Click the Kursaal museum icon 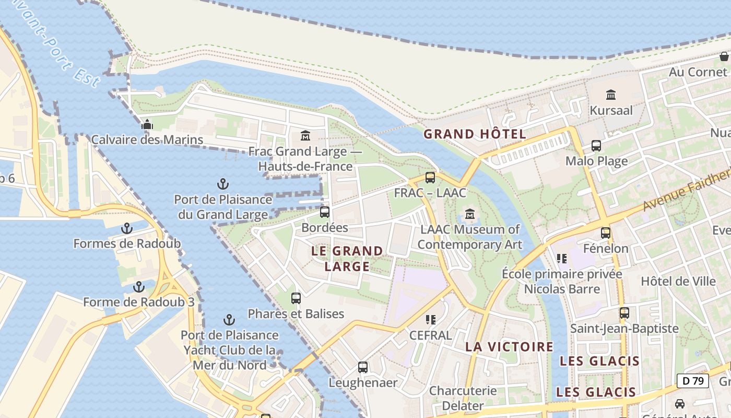[611, 95]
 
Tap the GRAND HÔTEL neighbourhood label [475, 134]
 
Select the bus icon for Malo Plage [596, 146]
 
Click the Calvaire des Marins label [147, 140]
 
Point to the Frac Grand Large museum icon [305, 136]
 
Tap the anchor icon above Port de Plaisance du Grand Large [223, 184]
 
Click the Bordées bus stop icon [325, 212]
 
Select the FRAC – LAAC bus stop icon [430, 178]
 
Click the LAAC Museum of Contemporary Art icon [469, 214]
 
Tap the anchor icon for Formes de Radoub [126, 228]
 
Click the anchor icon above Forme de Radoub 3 [139, 287]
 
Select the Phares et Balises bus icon [296, 298]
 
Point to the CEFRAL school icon [430, 319]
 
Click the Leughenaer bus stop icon [363, 367]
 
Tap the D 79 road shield [693, 381]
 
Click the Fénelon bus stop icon [606, 233]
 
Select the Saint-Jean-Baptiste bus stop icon [624, 313]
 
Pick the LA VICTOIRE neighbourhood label [509, 346]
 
